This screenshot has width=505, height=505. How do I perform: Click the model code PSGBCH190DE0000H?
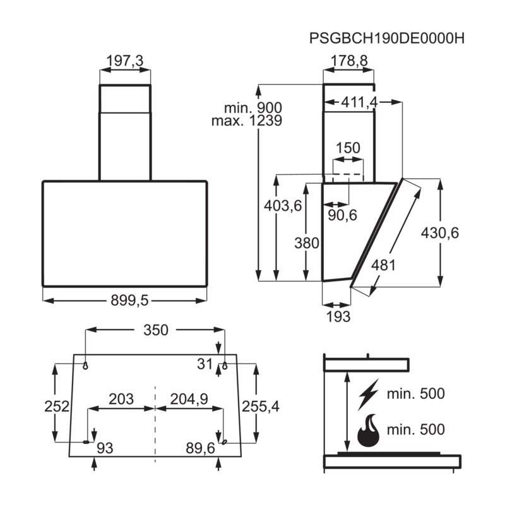point(387,39)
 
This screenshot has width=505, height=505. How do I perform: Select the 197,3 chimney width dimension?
point(124,61)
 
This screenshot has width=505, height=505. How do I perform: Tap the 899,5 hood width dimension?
point(129,300)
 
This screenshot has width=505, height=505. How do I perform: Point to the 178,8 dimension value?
point(349,61)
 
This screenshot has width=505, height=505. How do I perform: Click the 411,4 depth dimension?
point(359,102)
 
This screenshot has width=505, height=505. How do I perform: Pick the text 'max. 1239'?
point(247,121)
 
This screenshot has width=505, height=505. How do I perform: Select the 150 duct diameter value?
point(348,148)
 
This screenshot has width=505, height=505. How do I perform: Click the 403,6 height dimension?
point(283,206)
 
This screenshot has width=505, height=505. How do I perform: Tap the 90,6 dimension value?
point(342,215)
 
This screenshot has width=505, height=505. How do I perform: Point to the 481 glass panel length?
point(383,265)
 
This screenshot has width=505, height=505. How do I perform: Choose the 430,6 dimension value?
point(439,232)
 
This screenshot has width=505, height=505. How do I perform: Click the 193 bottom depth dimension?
point(338,317)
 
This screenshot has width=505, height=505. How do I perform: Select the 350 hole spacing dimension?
point(156,330)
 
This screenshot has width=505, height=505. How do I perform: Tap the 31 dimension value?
point(205,364)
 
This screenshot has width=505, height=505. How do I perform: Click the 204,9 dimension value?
point(189,399)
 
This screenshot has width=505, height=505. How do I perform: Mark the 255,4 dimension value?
point(261,407)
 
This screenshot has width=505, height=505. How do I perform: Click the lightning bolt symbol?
point(368,394)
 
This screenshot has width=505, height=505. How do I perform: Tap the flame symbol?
point(368,431)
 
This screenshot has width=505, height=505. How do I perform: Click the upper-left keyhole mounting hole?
point(85,365)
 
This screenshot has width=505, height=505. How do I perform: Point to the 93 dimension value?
point(105,448)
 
